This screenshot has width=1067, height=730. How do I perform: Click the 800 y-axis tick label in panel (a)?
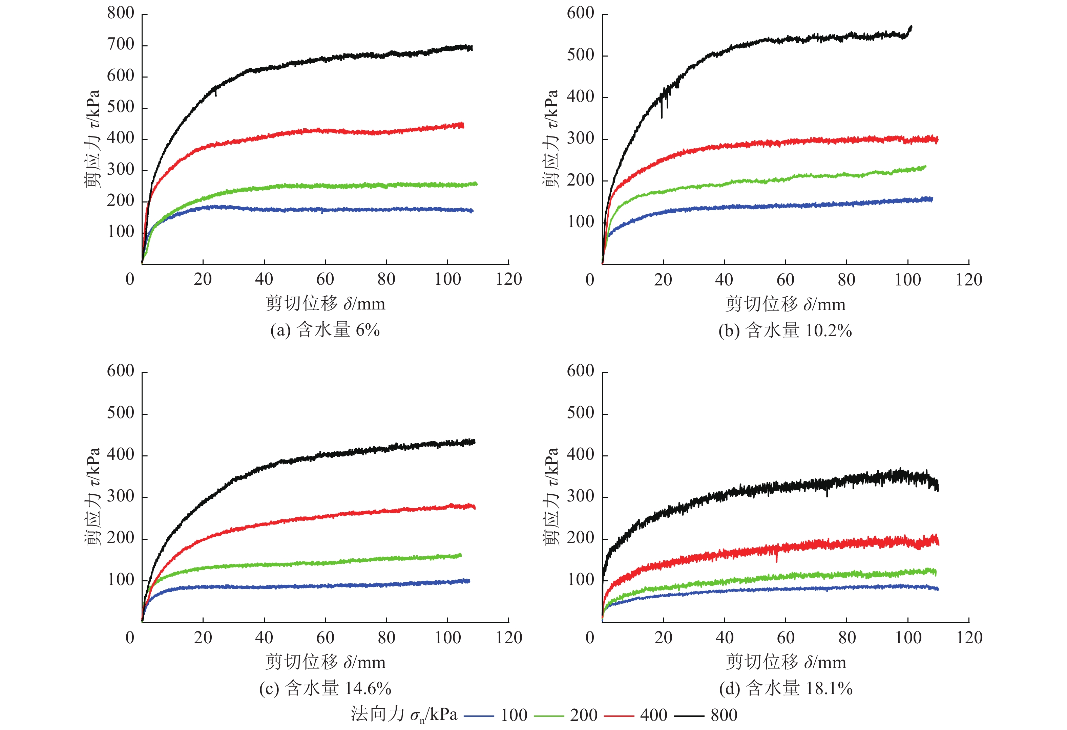(x=121, y=13)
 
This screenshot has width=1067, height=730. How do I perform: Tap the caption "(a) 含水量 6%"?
(x=325, y=330)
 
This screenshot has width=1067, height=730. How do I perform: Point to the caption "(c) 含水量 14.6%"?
(x=325, y=688)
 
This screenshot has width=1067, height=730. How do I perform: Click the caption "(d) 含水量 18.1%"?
(x=786, y=688)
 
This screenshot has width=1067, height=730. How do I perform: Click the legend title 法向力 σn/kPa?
(x=404, y=714)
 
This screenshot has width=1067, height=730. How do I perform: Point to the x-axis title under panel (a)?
(x=325, y=304)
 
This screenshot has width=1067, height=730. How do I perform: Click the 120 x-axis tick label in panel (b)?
(x=969, y=280)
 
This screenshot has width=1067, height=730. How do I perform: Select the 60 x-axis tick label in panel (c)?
(x=325, y=638)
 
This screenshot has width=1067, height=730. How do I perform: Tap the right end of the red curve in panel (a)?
(x=463, y=125)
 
